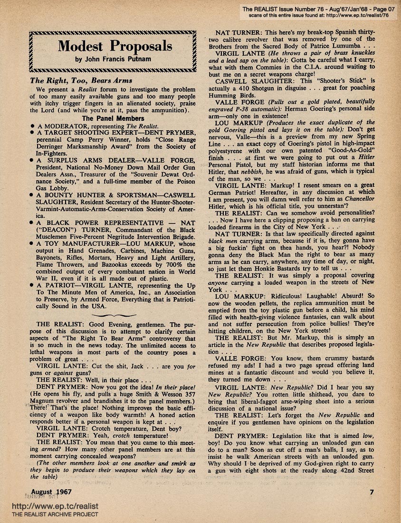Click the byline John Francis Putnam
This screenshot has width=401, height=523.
click(x=115, y=60)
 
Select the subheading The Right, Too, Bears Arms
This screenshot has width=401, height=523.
click(x=81, y=80)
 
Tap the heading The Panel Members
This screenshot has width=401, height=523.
click(x=113, y=118)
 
